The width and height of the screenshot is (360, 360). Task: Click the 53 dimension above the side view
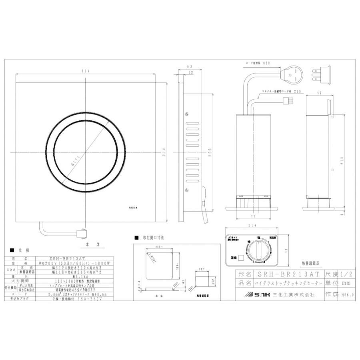[x=190, y=67]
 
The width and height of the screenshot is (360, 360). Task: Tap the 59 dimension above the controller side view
[x=319, y=93]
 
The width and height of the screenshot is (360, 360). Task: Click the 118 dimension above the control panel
[x=251, y=226]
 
